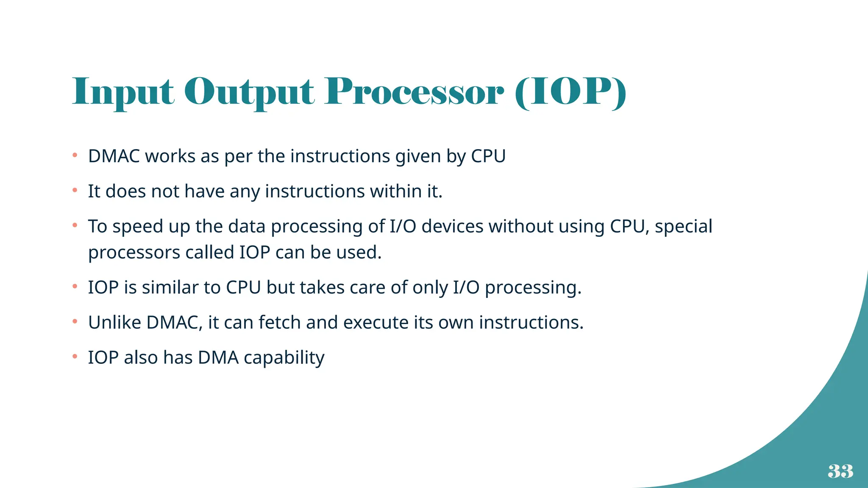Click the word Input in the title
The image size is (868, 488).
(x=123, y=92)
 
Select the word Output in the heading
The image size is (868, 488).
(x=249, y=92)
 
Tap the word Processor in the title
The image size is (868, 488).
(x=414, y=92)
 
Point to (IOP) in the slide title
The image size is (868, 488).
(x=570, y=92)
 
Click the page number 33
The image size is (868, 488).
(x=840, y=471)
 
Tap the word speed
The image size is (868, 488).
(x=138, y=227)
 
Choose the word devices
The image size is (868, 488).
(x=452, y=227)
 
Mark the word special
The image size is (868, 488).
(x=683, y=227)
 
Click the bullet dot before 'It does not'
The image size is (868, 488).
(x=75, y=191)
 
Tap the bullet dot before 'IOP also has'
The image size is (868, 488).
(x=75, y=357)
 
